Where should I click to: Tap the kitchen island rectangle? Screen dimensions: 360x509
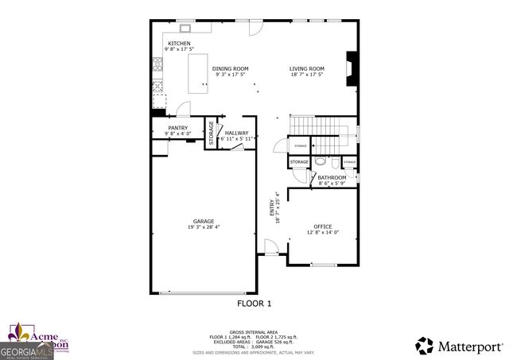198,74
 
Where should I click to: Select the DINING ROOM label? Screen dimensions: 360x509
231,69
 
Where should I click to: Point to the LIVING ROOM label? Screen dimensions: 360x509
306,69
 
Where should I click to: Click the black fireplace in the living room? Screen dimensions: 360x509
350,68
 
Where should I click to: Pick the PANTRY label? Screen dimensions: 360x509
177,127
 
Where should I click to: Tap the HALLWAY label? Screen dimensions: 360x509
237,133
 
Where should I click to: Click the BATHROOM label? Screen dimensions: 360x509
332,177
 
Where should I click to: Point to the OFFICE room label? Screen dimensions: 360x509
323,226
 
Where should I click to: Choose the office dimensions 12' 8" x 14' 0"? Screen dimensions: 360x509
323,233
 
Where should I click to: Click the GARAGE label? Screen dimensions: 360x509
203,221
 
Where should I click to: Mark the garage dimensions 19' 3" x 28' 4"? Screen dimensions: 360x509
203,227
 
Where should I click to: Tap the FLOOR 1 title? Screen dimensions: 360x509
254,303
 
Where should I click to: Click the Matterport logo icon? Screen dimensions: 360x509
425,346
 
